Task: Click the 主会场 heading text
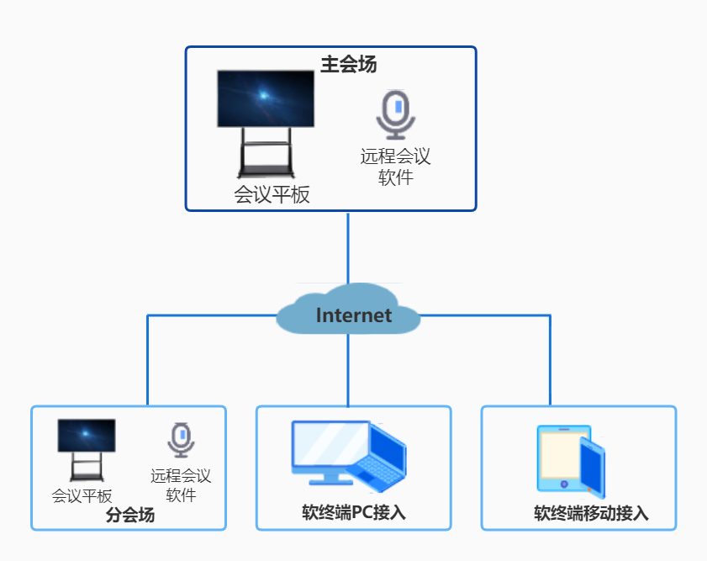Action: pos(348,64)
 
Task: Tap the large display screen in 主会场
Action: pos(266,98)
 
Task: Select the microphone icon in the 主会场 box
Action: pos(395,114)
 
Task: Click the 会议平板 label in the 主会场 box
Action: pos(272,195)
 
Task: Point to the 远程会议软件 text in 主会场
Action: pos(395,167)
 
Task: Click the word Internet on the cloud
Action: pos(353,315)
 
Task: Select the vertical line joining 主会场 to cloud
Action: pos(348,248)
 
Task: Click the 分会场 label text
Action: pos(130,516)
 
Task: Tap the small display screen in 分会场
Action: pos(87,436)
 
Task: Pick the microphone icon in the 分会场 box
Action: pos(181,439)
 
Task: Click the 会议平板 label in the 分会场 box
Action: pos(82,496)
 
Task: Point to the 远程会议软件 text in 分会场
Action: pos(181,485)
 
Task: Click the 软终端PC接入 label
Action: pos(354,512)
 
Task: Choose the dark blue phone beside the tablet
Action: pos(593,468)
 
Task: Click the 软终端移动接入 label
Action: pos(591,514)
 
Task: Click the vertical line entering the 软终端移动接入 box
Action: pos(551,362)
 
